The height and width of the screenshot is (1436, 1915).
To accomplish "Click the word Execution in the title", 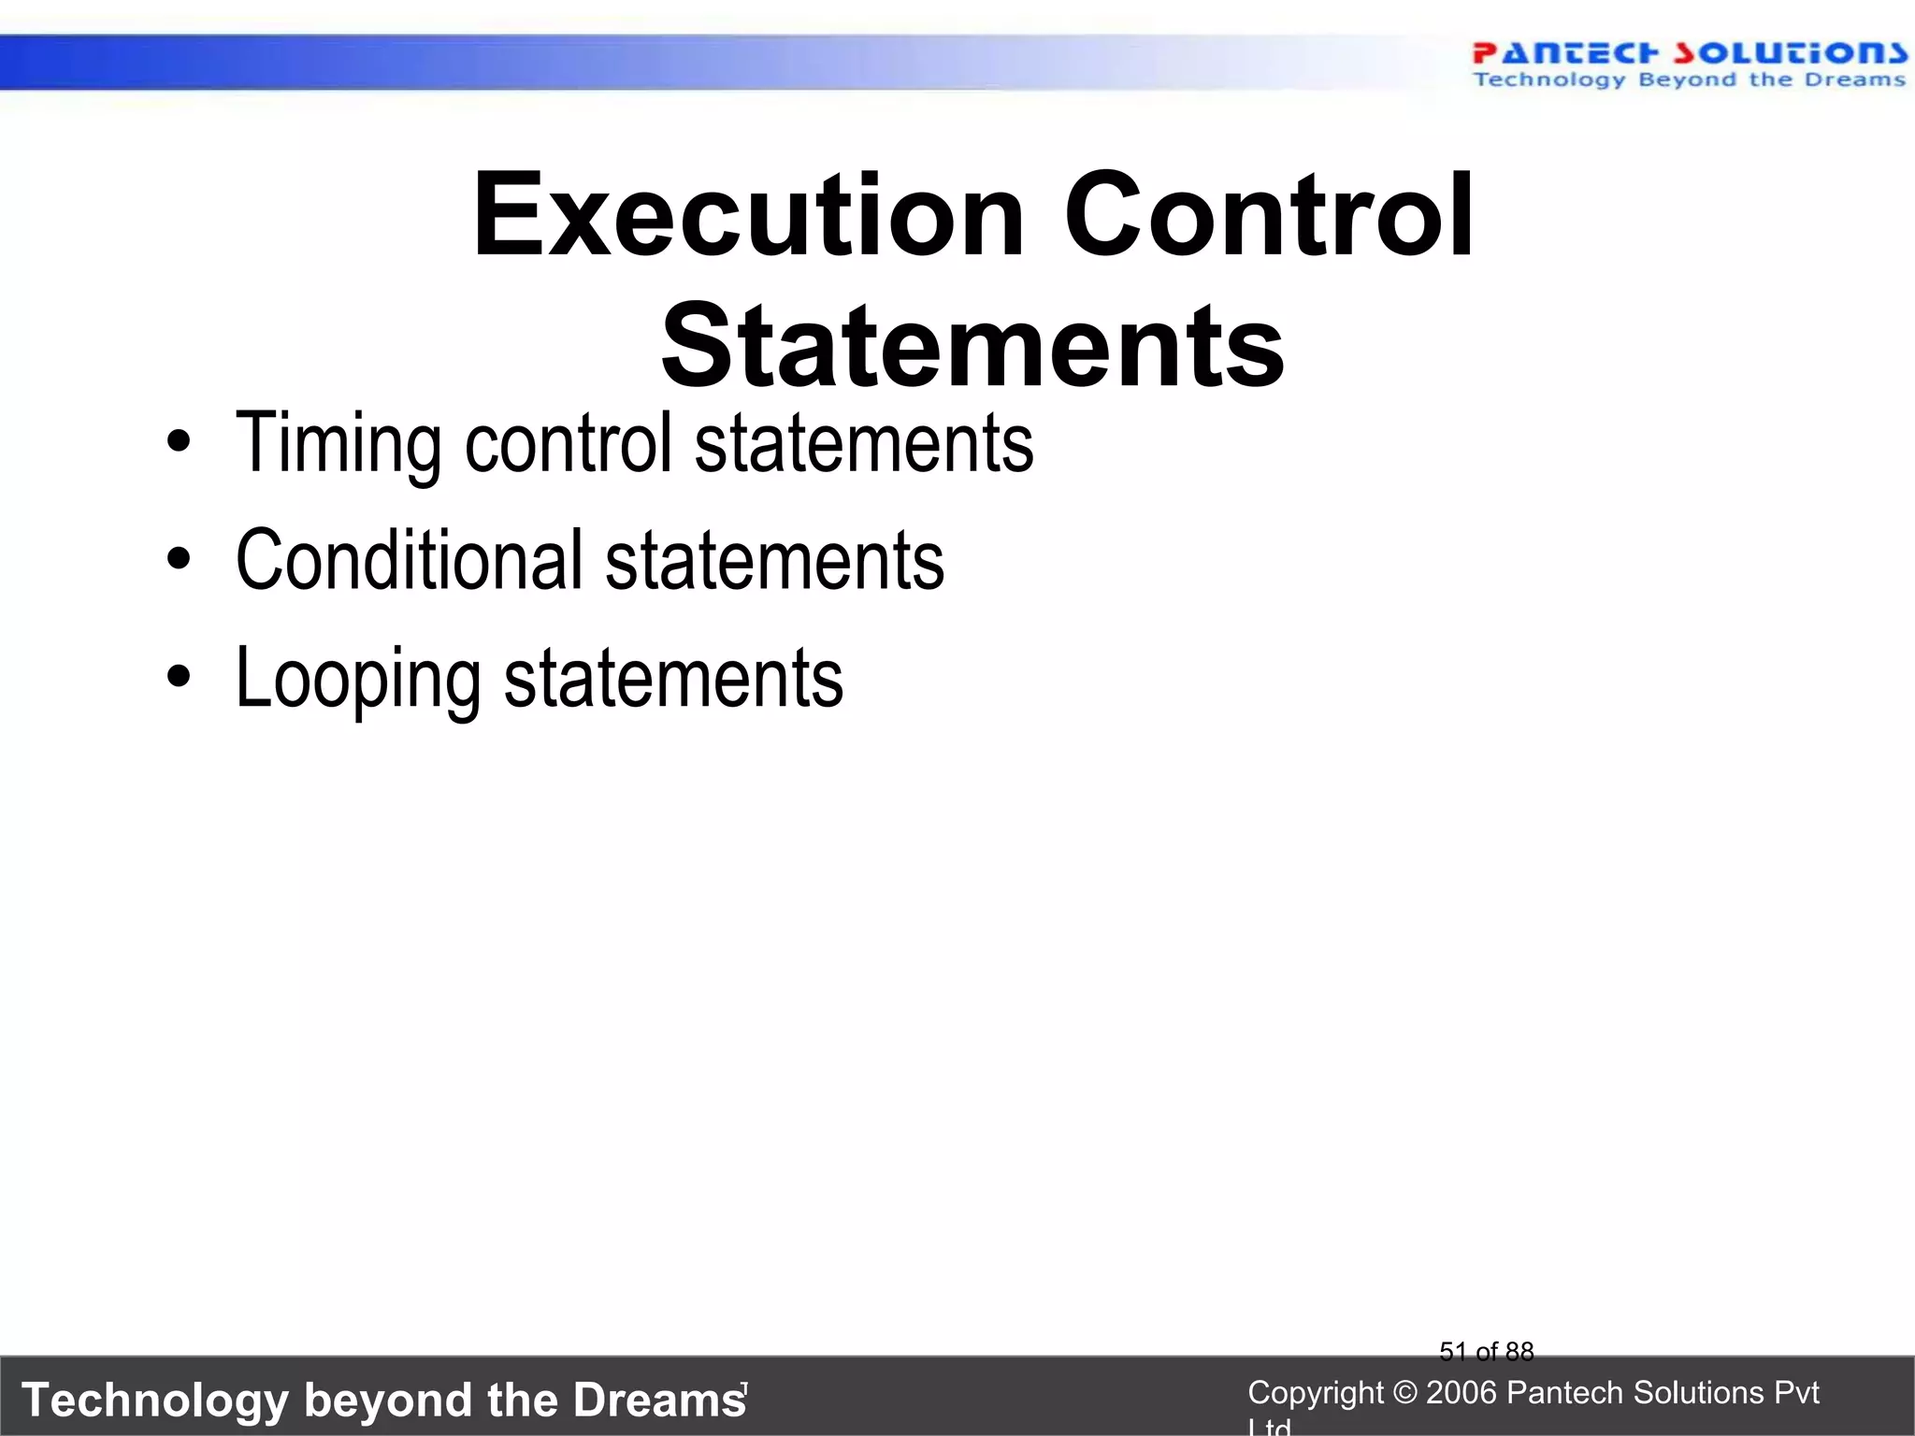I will tap(748, 217).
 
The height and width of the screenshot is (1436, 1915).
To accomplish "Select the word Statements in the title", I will tap(972, 348).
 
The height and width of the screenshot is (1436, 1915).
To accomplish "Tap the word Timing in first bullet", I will tap(337, 443).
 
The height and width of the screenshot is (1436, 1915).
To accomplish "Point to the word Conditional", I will tap(409, 560).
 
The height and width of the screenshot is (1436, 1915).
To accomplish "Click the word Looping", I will tap(357, 679).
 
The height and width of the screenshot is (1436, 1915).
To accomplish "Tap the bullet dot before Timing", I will tap(179, 443).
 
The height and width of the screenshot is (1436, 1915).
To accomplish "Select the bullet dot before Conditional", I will tap(179, 560).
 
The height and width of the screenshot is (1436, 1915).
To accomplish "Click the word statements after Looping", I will tap(673, 679).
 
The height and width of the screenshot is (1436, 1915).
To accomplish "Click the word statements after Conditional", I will tap(774, 560).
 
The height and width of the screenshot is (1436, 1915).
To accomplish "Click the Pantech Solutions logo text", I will tap(1688, 52).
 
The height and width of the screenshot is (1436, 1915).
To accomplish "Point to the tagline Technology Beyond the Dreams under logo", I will tap(1688, 80).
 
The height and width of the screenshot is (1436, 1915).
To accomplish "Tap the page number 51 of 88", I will tap(1486, 1351).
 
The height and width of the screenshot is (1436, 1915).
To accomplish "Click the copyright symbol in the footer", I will tap(1404, 1393).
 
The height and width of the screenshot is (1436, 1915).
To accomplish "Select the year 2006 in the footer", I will tap(1462, 1393).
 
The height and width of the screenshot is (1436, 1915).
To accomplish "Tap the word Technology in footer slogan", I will tap(155, 1400).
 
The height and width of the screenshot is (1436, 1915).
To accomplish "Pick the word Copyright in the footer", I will tap(1315, 1393).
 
